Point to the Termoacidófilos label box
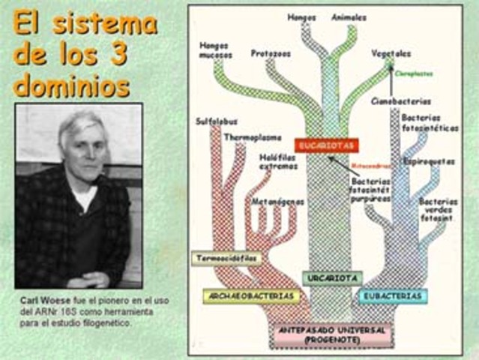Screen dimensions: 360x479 click(x=226, y=258)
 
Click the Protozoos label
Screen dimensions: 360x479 click(x=271, y=54)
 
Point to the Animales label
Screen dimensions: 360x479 click(x=349, y=16)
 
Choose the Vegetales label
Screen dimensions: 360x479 click(x=391, y=53)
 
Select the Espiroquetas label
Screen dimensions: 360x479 click(x=428, y=160)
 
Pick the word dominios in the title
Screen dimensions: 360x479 click(x=71, y=85)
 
